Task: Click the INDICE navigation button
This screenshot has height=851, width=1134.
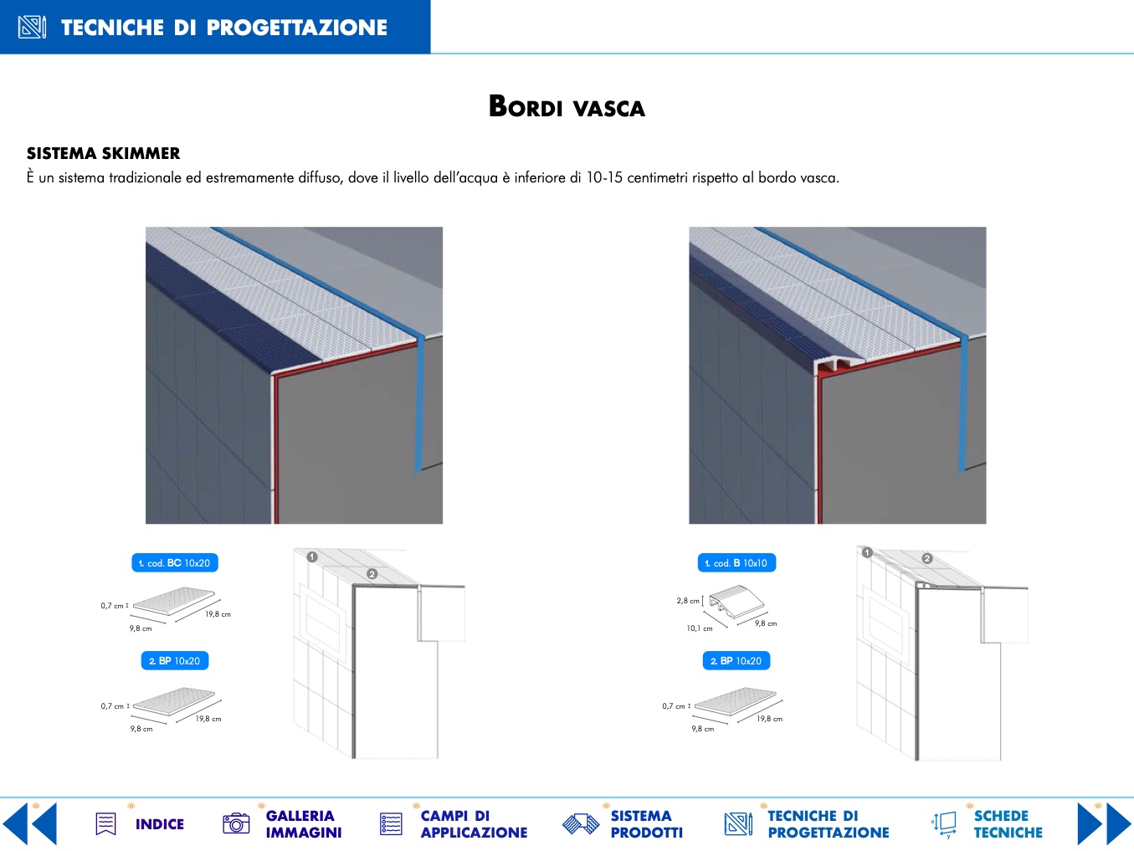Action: [159, 824]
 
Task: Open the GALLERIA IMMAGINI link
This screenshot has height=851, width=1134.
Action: [303, 824]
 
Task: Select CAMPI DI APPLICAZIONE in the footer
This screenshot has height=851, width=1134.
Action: [474, 824]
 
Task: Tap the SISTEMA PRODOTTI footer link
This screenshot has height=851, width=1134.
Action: [646, 824]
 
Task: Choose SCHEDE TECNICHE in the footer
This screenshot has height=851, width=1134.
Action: [1008, 824]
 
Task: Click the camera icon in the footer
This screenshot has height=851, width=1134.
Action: [236, 823]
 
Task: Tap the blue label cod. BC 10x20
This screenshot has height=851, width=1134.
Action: [175, 562]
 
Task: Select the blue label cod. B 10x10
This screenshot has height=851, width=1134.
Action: [736, 562]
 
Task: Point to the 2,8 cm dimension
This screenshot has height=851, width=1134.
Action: [688, 601]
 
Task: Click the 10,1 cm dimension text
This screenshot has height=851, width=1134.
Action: [699, 628]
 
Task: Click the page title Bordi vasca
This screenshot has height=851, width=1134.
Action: [567, 107]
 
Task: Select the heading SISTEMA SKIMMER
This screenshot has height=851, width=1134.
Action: [103, 153]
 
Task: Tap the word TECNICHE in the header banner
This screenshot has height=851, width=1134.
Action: [113, 28]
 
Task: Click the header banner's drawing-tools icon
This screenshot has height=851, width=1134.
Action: [32, 27]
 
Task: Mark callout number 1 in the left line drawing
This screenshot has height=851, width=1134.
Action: [312, 556]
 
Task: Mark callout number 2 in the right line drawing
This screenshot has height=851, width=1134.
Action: [926, 558]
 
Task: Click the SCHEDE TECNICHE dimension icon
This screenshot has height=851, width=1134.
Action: [944, 824]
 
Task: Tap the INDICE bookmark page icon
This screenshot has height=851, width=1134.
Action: [106, 824]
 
